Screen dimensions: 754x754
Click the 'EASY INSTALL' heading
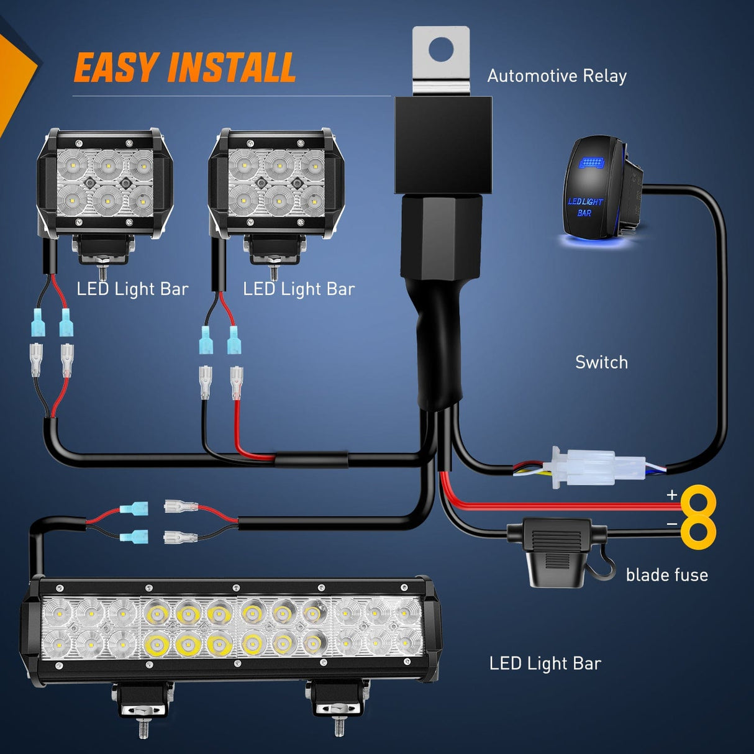[184, 68]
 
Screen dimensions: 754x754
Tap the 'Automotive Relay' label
[556, 76]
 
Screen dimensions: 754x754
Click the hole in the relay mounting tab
[442, 48]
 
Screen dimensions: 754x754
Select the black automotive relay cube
[443, 144]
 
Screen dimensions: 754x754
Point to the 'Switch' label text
[601, 362]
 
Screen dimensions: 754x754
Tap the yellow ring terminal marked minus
[699, 532]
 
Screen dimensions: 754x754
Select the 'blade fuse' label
[666, 575]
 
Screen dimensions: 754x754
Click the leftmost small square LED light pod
[104, 184]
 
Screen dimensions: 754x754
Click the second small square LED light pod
[276, 184]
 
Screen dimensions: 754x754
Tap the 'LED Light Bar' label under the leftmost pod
[132, 289]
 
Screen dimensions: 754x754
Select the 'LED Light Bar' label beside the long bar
[545, 663]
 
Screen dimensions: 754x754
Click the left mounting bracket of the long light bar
[143, 702]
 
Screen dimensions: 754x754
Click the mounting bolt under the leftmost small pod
[103, 271]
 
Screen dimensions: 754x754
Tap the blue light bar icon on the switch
[591, 163]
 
